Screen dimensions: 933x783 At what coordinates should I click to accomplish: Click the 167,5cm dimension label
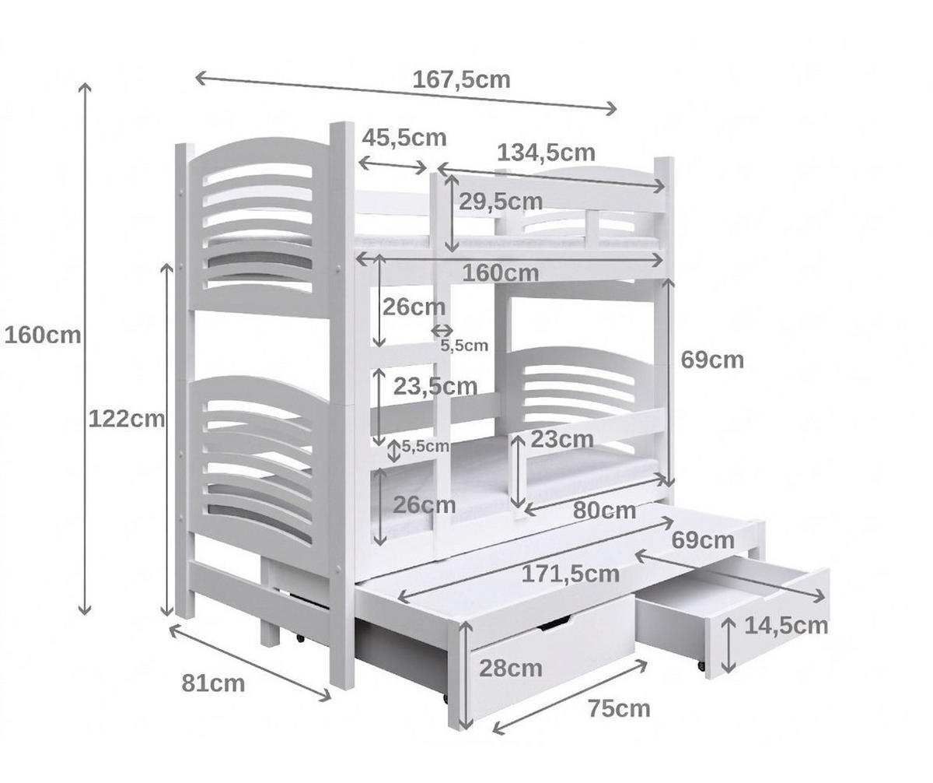(461, 80)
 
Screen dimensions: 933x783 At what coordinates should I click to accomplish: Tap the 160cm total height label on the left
(43, 335)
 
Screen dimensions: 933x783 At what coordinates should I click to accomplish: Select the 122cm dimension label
(127, 420)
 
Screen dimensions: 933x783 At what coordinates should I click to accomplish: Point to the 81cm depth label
(213, 683)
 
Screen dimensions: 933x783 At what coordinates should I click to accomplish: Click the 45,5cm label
(404, 138)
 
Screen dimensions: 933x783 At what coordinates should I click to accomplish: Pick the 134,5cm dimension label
(546, 153)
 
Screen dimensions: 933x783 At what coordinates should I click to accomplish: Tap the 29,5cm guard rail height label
(501, 202)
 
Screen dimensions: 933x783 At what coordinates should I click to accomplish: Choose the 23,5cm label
(435, 386)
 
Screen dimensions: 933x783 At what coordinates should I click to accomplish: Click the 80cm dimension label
(605, 510)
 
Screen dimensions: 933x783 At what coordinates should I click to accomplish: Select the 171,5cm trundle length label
(571, 574)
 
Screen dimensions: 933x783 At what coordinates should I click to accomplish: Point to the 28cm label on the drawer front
(511, 669)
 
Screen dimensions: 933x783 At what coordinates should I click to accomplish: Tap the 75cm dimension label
(619, 709)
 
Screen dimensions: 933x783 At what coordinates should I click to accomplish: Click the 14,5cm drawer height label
(786, 626)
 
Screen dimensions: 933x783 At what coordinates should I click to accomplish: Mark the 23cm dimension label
(562, 440)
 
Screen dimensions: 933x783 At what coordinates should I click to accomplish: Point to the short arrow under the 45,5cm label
(393, 166)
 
